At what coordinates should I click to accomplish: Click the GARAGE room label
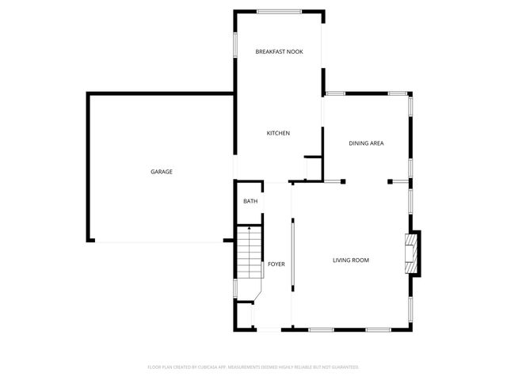click(162, 172)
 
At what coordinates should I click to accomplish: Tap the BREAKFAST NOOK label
click(279, 51)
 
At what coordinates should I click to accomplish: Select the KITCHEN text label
click(278, 133)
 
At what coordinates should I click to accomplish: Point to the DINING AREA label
click(367, 143)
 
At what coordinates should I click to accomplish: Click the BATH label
click(250, 202)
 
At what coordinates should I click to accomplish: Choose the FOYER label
click(276, 264)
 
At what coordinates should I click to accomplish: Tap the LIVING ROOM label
click(350, 260)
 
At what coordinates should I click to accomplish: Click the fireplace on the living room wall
click(413, 253)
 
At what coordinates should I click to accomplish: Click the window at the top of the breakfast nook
click(278, 10)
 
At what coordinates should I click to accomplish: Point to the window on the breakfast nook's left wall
click(234, 44)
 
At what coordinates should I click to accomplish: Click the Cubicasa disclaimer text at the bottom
click(253, 367)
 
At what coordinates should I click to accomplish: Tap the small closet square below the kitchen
click(313, 168)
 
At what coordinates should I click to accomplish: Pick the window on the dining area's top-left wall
click(335, 93)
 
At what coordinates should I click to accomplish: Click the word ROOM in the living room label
click(360, 260)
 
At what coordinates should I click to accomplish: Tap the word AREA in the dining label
click(376, 143)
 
